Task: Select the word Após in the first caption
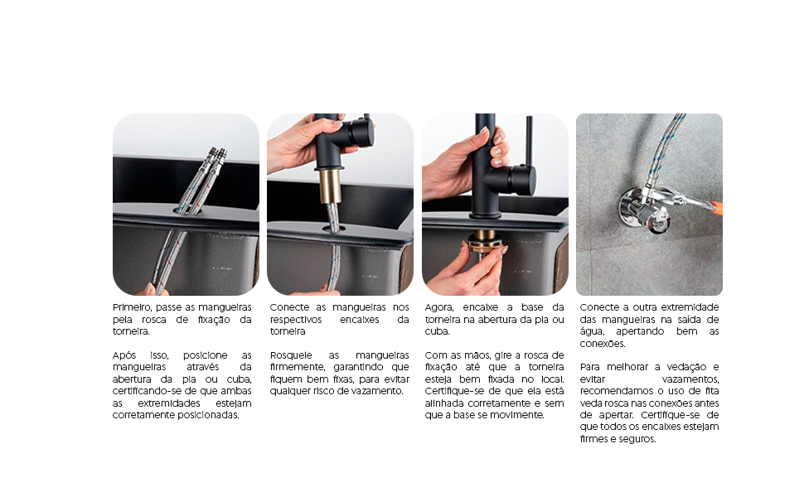124,355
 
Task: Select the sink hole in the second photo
333,225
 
